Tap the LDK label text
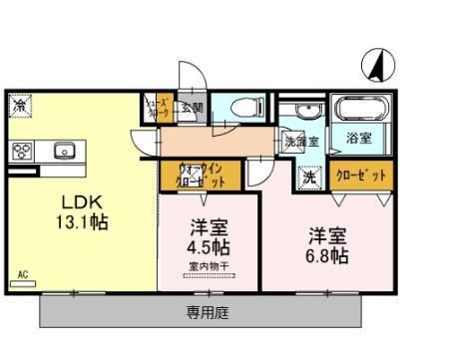pos(63,198)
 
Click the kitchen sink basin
pos(63,152)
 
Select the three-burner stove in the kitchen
pos(22,152)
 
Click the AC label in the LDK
pos(21,272)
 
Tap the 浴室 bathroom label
pos(358,137)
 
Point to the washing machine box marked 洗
pos(310,177)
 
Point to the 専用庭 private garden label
pos(208,312)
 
